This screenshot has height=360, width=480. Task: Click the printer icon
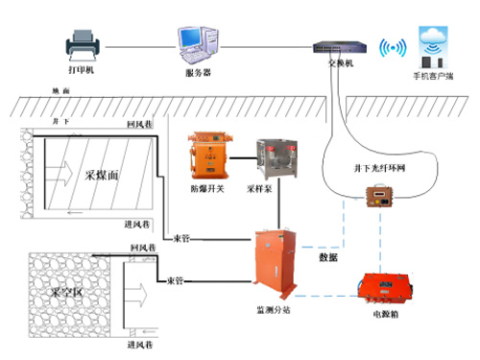click(x=80, y=43)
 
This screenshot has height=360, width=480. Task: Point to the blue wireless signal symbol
click(x=394, y=48)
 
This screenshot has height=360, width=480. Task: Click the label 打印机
click(x=80, y=72)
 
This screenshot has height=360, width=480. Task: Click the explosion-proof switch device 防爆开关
click(x=208, y=155)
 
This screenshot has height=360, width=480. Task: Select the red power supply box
click(x=385, y=289)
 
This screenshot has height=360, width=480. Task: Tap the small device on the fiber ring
click(x=373, y=199)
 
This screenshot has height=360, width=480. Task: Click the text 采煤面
click(x=102, y=176)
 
